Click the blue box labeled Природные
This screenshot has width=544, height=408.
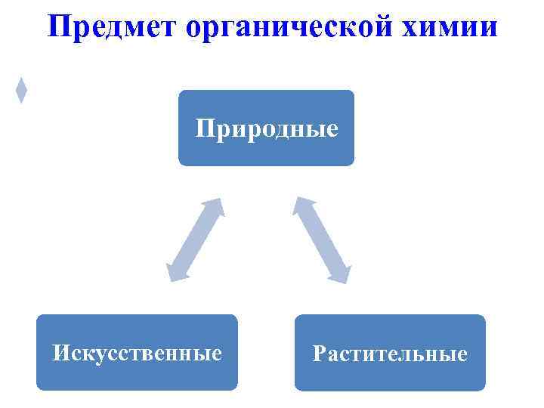(266, 128)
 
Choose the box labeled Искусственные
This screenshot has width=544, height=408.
(137, 353)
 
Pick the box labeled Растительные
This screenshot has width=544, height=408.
(390, 353)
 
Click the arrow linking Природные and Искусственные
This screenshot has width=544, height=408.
(195, 240)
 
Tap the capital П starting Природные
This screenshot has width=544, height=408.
(203, 128)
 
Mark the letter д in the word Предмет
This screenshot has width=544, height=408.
(110, 29)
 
